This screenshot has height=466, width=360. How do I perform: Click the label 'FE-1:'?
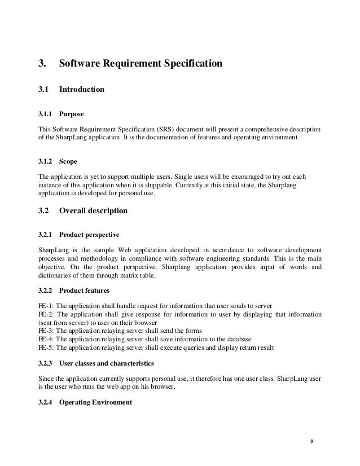pos(46,305)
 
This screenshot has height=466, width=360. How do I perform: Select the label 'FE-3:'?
pos(46,330)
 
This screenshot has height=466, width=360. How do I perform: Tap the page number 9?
pos(311,439)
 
